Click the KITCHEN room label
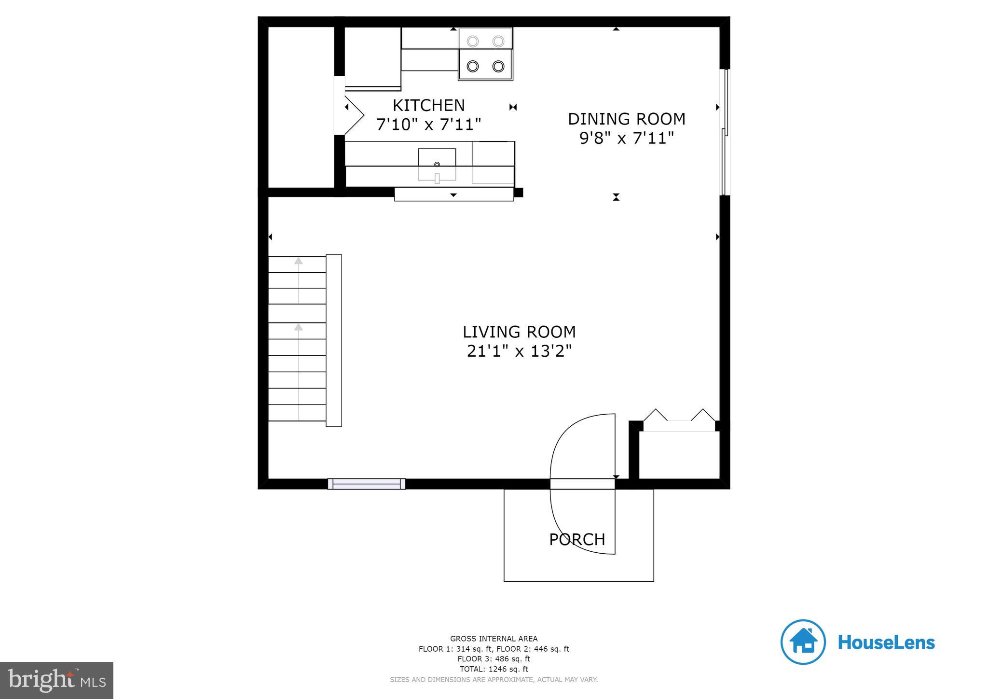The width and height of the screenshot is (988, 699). [x=428, y=105]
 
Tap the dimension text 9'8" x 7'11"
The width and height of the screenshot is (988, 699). [x=626, y=138]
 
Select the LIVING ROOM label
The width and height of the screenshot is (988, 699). [x=519, y=332]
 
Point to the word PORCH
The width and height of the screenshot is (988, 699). [x=577, y=539]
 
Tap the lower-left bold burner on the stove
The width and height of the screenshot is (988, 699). [x=473, y=66]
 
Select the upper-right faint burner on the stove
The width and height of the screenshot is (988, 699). [x=498, y=42]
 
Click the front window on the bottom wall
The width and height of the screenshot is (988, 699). [x=367, y=484]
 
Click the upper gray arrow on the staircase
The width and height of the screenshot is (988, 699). [x=299, y=261]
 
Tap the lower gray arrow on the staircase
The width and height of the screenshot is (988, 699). [x=299, y=327]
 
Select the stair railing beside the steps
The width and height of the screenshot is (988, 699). [x=334, y=340]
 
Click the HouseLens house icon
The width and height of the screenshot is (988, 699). [x=803, y=642]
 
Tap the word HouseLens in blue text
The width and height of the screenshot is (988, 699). [x=886, y=643]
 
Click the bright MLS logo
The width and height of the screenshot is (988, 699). [x=57, y=680]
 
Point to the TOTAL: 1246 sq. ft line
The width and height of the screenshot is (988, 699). [x=494, y=669]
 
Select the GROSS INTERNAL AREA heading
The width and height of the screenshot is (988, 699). [x=494, y=639]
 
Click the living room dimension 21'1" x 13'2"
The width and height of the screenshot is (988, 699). [x=519, y=351]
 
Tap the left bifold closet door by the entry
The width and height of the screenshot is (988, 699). [x=656, y=415]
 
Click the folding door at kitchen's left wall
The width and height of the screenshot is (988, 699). [x=354, y=115]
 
